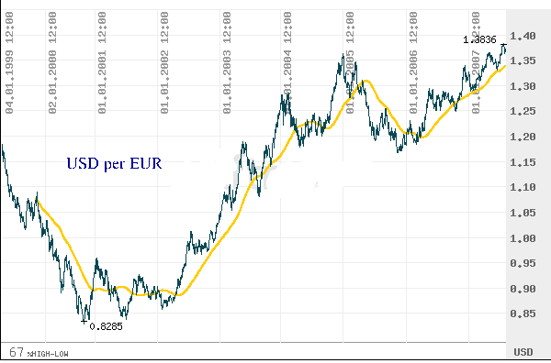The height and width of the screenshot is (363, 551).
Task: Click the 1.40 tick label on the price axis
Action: click(x=526, y=36)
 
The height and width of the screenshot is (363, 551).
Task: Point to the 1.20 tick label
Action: click(x=526, y=137)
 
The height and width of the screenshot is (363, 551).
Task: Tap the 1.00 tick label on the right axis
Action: click(x=526, y=238)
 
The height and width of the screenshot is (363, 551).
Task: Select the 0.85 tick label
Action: click(x=526, y=314)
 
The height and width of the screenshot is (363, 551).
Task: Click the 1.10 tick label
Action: click(x=526, y=188)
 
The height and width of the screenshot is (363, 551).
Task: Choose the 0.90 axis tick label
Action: click(x=526, y=289)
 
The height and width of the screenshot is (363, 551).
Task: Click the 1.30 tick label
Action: click(x=526, y=86)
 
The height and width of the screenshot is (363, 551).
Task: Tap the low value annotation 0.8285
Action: click(x=107, y=325)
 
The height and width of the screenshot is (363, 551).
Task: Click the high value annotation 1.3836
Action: click(x=481, y=38)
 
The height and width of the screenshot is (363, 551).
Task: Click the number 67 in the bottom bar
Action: click(x=16, y=352)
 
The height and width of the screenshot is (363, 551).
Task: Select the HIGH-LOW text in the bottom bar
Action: click(x=47, y=353)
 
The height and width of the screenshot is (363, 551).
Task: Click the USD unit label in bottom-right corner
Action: click(x=523, y=352)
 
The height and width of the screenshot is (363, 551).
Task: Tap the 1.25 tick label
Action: click(x=526, y=112)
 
